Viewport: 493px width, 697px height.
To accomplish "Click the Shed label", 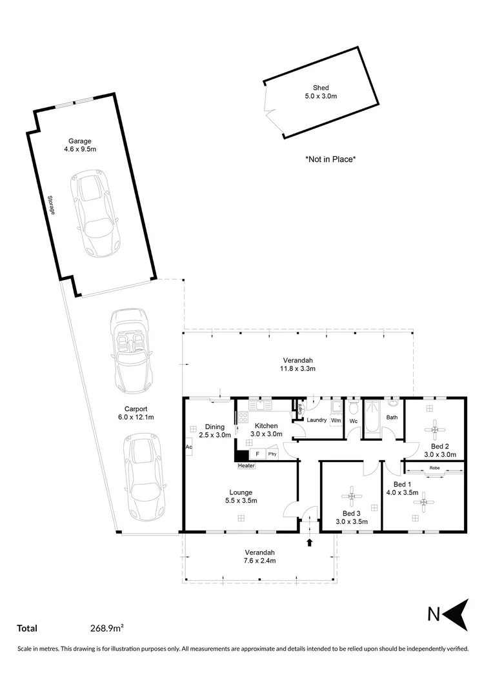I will point(321,88).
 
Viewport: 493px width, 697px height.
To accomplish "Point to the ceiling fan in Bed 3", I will point(352,496).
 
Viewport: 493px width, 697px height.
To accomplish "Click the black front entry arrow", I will point(310,542).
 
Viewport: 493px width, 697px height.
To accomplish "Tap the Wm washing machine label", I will point(336,420).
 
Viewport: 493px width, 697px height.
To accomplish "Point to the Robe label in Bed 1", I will point(434,468).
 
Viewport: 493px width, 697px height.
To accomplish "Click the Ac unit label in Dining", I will point(188,447).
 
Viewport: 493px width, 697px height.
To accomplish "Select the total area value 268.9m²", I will point(107,627).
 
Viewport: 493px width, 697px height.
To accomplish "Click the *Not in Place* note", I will point(330,159).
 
